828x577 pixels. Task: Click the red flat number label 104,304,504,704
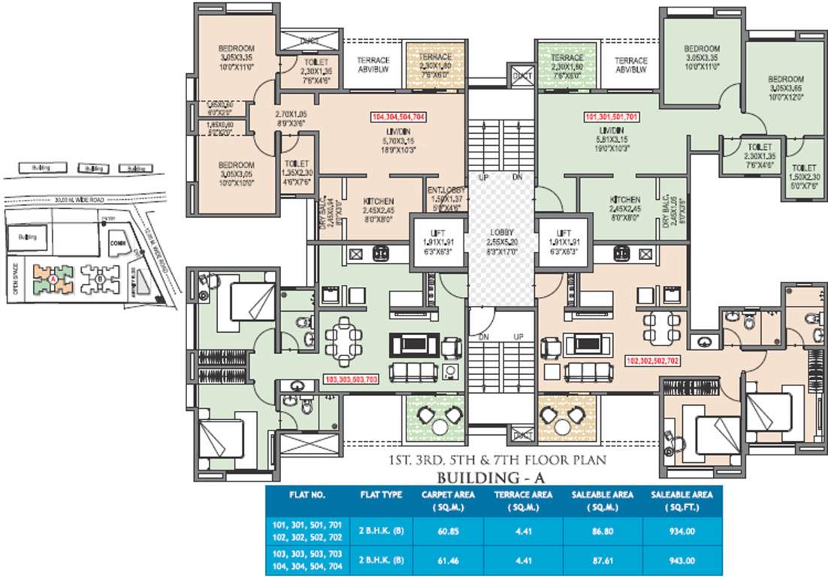point(399,117)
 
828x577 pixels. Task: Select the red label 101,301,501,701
point(612,117)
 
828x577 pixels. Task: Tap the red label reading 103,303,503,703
point(350,379)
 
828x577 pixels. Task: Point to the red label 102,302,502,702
point(652,361)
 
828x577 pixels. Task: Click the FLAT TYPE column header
point(378,495)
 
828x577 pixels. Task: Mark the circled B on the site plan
point(99,282)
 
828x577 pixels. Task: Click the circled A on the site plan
point(53,281)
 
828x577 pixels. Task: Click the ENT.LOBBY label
point(446,195)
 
